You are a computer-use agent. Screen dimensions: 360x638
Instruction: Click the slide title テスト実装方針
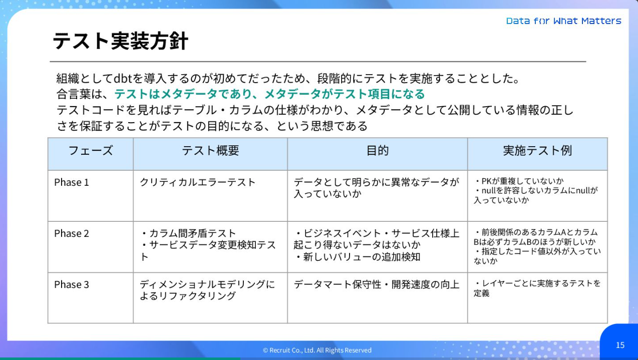pos(120,41)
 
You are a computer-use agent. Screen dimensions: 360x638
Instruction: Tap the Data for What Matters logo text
pos(563,21)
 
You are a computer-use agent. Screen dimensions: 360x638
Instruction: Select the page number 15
pos(620,345)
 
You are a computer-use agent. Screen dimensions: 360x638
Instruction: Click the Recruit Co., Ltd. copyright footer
pos(317,350)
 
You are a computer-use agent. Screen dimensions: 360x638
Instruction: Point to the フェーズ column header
pos(91,151)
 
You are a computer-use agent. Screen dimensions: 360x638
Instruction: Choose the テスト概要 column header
pos(210,151)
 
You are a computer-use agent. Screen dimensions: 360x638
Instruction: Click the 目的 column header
pos(378,151)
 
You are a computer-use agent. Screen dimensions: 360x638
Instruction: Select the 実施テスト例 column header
pos(537,151)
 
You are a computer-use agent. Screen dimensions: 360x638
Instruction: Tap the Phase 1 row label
pos(72,182)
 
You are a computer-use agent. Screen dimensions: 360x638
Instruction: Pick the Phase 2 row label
pos(72,233)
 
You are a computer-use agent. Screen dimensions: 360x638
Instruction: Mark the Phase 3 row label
pos(72,284)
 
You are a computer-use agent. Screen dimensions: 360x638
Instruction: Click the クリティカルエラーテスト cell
pos(198,182)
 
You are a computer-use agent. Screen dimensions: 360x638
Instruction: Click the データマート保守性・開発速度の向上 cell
pos(376,284)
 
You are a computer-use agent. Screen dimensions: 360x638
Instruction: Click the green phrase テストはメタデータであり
pos(186,94)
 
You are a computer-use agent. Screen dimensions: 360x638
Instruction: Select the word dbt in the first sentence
pos(123,79)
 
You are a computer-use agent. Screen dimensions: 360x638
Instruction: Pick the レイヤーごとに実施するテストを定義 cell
pos(537,288)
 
